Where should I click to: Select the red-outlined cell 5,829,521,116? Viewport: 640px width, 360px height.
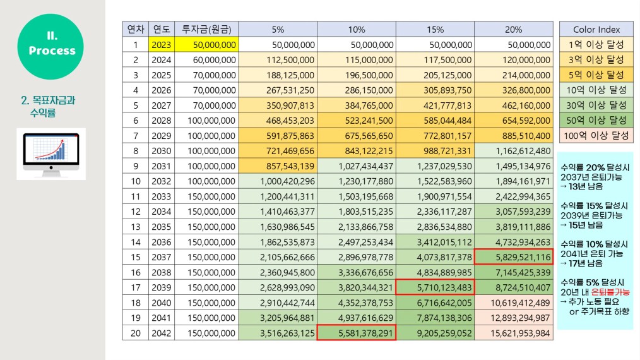coord(514,256)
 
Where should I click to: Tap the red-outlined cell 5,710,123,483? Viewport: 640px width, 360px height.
coord(435,287)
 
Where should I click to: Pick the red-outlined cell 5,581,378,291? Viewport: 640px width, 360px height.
coord(356,333)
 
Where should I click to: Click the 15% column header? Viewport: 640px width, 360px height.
coord(435,30)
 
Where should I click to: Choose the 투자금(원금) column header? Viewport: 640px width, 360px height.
coord(206,30)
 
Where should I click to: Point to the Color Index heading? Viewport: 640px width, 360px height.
coord(596,30)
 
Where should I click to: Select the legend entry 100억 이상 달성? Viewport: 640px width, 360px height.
coord(596,135)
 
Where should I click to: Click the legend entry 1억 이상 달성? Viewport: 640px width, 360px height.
coord(596,45)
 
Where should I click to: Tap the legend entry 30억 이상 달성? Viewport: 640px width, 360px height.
coord(596,105)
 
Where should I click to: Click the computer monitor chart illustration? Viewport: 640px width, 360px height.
coord(50,153)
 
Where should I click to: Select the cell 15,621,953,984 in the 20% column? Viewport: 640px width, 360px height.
coord(514,333)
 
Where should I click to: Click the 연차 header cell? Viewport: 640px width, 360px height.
coord(136,30)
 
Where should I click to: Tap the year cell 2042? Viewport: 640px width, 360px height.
coord(162,333)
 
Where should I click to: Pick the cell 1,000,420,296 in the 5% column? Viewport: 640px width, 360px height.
coord(278,181)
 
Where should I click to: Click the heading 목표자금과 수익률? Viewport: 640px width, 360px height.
coord(47,106)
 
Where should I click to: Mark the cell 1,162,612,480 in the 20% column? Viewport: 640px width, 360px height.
coord(514,151)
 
